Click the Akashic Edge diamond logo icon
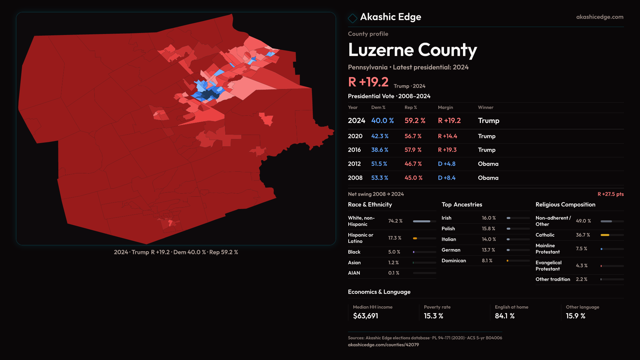352,18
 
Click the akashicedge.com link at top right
600,17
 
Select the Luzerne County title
412,50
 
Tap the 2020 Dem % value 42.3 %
380,136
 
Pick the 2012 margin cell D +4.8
446,164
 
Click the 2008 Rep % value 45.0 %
413,178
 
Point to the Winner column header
485,107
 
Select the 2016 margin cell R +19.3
447,150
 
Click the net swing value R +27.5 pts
610,194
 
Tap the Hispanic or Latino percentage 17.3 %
395,238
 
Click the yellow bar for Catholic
605,235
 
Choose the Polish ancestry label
448,229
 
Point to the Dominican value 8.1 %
487,261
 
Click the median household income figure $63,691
365,316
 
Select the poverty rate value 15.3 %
433,316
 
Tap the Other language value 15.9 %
575,316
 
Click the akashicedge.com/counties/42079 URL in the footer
383,345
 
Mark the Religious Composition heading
565,204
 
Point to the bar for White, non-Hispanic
421,221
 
